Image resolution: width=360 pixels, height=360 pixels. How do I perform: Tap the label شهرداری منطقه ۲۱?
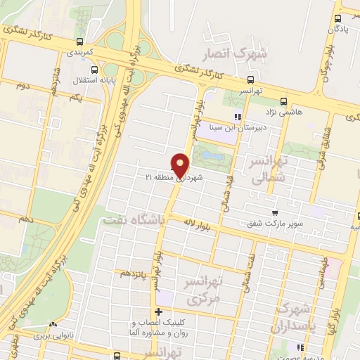pyautogui.click(x=175, y=180)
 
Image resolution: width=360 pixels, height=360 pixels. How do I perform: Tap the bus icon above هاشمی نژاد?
pyautogui.click(x=283, y=101)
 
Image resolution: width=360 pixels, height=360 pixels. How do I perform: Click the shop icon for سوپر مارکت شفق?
pyautogui.click(x=275, y=213)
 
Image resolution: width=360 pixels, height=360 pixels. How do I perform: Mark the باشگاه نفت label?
pyautogui.click(x=134, y=221)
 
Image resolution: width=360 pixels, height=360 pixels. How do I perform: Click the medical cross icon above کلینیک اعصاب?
pyautogui.click(x=159, y=312)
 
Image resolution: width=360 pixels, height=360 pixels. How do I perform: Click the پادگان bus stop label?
pyautogui.click(x=339, y=30)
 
